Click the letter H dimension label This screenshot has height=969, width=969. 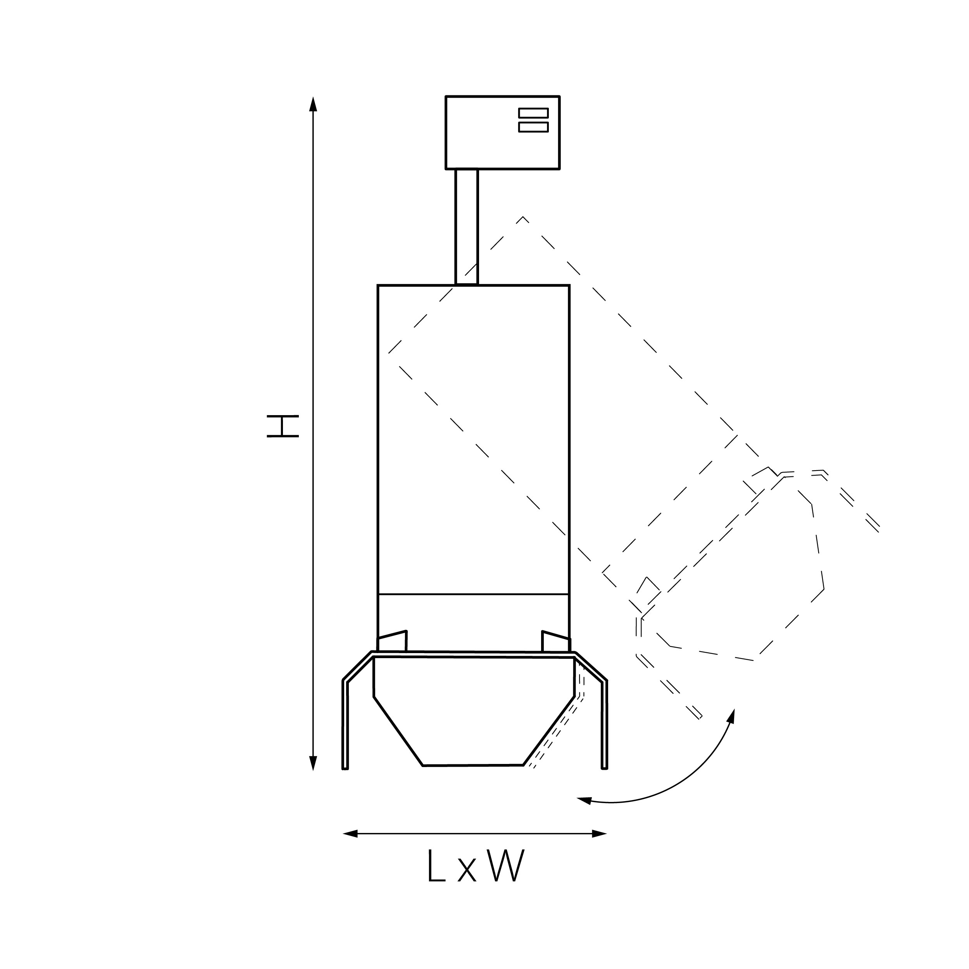(x=283, y=426)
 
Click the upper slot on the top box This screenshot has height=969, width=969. (x=533, y=113)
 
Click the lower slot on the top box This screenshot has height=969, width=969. (x=533, y=127)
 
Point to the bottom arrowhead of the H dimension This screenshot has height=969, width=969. (x=313, y=763)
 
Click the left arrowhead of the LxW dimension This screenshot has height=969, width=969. (x=350, y=834)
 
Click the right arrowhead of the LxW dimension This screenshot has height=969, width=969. (x=599, y=834)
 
